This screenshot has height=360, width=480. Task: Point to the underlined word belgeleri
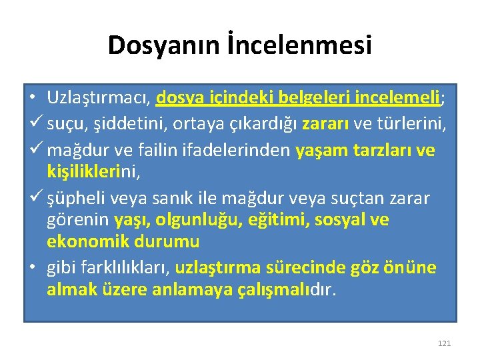coord(319,98)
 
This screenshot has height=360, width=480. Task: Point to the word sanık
coord(195,198)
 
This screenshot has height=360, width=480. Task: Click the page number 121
coord(444,343)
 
